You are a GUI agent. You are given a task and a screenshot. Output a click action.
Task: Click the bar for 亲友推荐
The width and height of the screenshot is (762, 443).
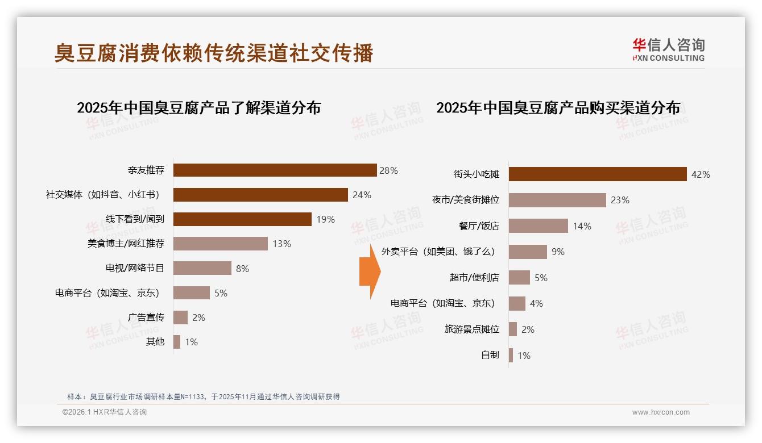[275, 170]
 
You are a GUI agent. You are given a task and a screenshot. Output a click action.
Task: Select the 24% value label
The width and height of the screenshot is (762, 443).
[362, 195]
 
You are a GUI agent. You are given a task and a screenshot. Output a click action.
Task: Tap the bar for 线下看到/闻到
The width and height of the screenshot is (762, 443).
[242, 219]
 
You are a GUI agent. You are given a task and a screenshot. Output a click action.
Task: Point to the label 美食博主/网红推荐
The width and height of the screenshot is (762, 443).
[126, 244]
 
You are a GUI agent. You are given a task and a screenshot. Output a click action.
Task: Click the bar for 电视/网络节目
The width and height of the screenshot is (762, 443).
[202, 268]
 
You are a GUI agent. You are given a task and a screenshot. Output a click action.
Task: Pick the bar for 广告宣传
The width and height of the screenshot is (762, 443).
[180, 317]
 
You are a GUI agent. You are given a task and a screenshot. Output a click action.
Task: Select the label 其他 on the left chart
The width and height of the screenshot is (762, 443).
[155, 342]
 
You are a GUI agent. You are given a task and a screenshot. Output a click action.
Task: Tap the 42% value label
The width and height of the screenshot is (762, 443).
[700, 174]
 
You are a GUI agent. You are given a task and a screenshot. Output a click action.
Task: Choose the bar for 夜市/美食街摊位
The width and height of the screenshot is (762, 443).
[557, 200]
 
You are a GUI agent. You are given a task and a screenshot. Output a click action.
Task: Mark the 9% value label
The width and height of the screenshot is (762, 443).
[558, 252]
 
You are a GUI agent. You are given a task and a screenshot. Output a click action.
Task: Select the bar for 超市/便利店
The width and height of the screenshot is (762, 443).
[519, 278]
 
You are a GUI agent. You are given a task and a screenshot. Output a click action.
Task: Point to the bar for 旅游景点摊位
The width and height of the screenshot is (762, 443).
[512, 329]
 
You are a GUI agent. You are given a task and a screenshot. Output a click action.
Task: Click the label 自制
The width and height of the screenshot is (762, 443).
[490, 356]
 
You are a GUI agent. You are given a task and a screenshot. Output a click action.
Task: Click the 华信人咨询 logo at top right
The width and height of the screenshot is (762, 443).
[668, 50]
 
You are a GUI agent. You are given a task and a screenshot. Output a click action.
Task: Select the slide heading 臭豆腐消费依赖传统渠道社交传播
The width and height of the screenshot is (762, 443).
[214, 53]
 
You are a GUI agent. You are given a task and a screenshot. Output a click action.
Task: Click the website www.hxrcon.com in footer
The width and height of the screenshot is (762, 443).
[661, 412]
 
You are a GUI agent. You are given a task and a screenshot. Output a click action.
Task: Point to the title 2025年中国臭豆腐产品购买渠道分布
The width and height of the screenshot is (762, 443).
[558, 108]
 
